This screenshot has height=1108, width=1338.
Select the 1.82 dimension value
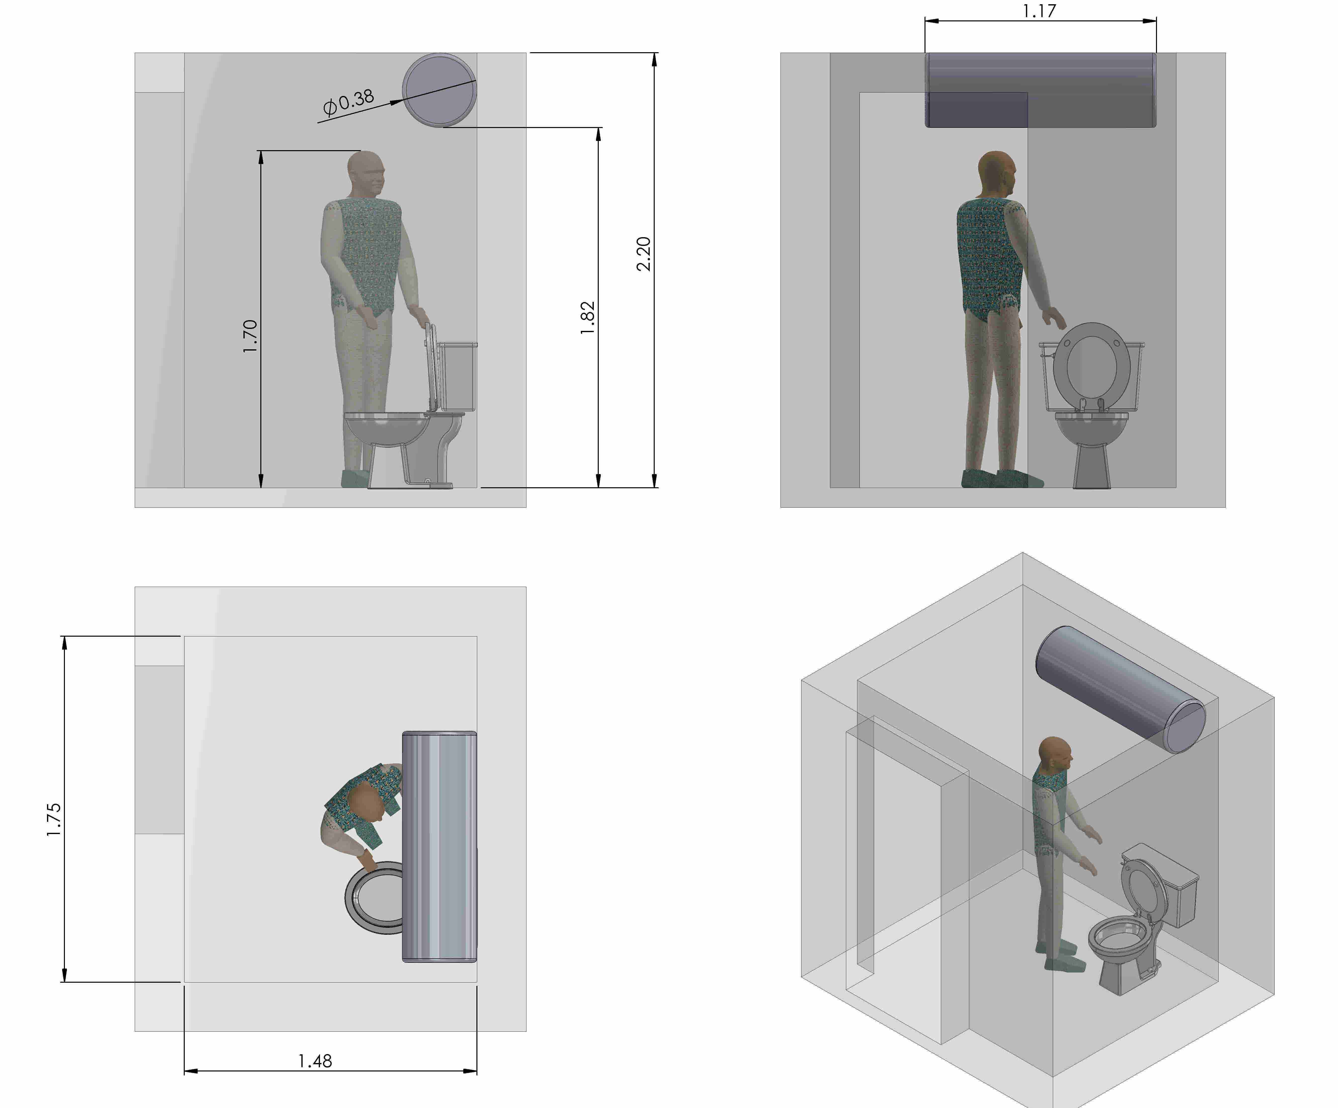(588, 318)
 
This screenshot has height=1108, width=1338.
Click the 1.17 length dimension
(1039, 11)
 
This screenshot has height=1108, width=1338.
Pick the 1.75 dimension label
(54, 819)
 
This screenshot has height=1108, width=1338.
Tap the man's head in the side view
(366, 173)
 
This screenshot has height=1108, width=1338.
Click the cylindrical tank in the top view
(440, 846)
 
